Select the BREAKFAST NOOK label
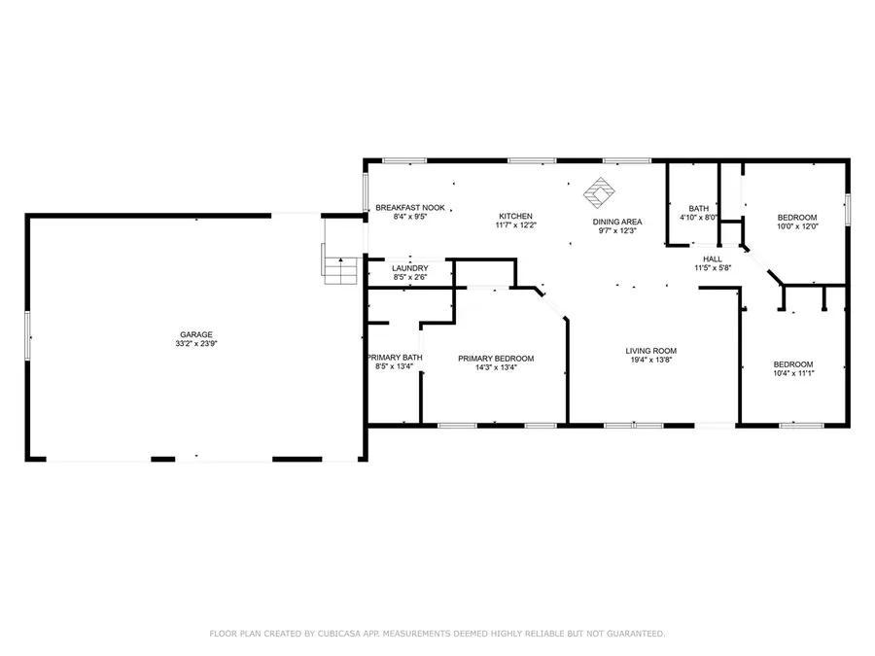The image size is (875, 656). pyautogui.click(x=410, y=208)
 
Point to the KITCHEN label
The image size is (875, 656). pyautogui.click(x=516, y=216)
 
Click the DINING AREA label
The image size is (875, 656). pyautogui.click(x=617, y=222)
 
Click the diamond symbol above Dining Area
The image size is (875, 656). pyautogui.click(x=599, y=190)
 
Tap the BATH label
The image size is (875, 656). pyautogui.click(x=699, y=209)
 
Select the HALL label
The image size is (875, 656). pyautogui.click(x=713, y=259)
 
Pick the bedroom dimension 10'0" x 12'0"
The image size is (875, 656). pyautogui.click(x=796, y=226)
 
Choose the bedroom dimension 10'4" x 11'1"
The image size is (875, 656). pyautogui.click(x=792, y=372)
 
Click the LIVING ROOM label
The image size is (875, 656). pyautogui.click(x=650, y=351)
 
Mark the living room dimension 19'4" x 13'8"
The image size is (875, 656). pyautogui.click(x=650, y=361)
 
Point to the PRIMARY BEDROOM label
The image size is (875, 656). pyautogui.click(x=496, y=359)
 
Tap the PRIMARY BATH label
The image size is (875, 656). pyautogui.click(x=394, y=358)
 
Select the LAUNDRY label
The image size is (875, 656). pyautogui.click(x=410, y=268)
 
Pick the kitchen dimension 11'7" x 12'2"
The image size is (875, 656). pyautogui.click(x=516, y=225)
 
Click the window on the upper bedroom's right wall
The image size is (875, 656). pyautogui.click(x=848, y=208)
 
